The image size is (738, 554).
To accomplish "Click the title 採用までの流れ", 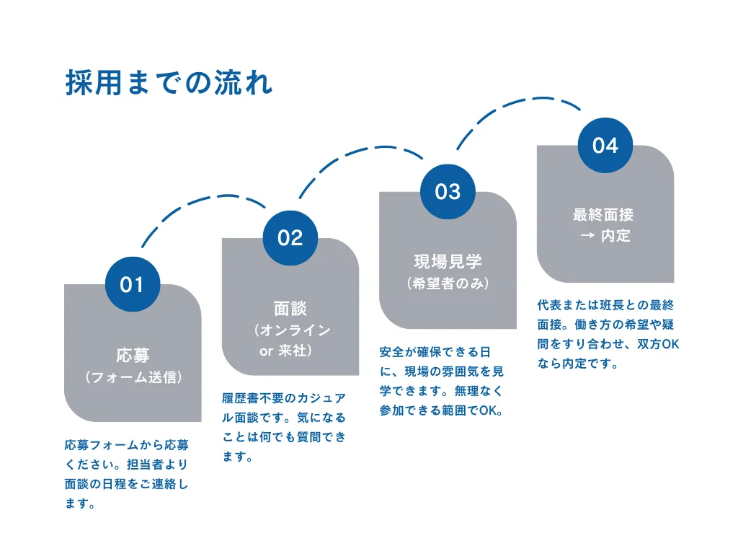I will point(169,83).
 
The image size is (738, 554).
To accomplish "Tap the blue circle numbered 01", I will point(133,284).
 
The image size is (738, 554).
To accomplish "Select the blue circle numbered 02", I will point(290,237).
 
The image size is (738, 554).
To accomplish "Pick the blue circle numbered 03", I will point(448,191).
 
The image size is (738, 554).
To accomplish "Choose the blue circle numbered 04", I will point(605,145).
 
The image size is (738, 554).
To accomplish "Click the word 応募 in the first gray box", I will point(133,355).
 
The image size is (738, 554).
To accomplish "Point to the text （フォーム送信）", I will point(133,377).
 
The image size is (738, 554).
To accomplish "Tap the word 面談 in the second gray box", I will point(290,309).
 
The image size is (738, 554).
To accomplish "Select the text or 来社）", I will point(286,352).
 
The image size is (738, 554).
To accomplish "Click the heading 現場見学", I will point(448,261).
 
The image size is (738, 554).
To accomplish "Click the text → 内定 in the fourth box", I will point(605,236).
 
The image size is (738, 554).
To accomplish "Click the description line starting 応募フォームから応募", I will point(127,445).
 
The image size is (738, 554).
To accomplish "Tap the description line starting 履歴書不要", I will point(284,398).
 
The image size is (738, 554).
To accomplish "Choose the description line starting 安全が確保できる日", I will point(435,352).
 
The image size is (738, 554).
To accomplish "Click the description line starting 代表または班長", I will point(605,306).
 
